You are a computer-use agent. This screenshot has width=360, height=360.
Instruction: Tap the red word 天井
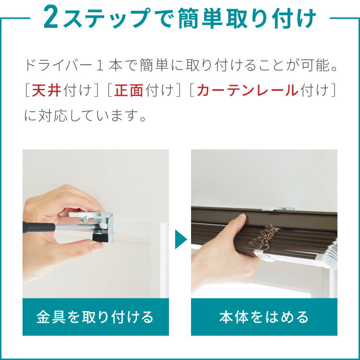point(47,90)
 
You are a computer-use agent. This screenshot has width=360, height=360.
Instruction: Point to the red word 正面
point(129,90)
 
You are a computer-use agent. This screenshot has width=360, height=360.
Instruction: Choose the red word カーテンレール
point(248,90)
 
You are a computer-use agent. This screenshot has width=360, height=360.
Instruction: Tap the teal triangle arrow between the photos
point(180,239)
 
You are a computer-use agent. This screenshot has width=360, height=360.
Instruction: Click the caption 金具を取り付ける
point(95,317)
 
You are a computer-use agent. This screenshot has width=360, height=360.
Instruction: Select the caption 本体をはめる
point(264,317)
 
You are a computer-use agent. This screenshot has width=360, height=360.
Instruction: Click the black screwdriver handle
point(39,228)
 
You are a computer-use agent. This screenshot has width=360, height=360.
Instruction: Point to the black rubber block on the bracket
point(100,238)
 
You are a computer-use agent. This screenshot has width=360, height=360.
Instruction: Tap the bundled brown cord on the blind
point(263,237)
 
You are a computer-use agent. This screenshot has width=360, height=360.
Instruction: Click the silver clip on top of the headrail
point(278,209)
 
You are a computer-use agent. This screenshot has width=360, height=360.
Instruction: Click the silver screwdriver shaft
point(75,228)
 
